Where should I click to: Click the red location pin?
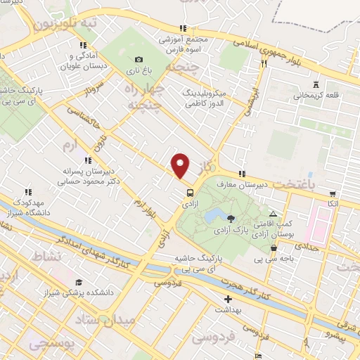181,165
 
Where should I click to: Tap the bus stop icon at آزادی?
189,192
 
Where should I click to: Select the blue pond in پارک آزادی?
214,213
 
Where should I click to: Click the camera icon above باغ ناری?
139,59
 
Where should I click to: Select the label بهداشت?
227,309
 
